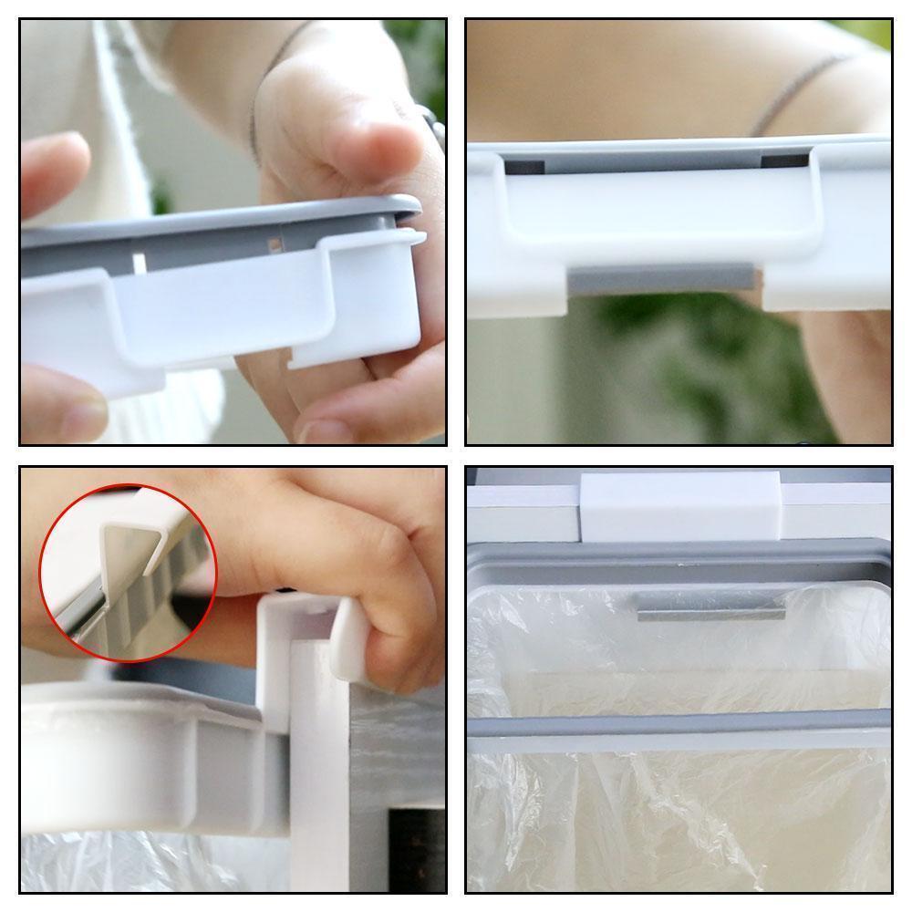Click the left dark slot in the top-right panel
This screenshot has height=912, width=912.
coord(524,168)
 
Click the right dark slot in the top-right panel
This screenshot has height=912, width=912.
coord(784,161)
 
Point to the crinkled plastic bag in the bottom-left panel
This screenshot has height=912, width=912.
coord(137,862)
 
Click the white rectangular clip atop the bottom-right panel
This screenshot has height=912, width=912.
coord(680,504)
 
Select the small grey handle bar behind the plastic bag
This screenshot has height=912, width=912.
coord(710,605)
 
